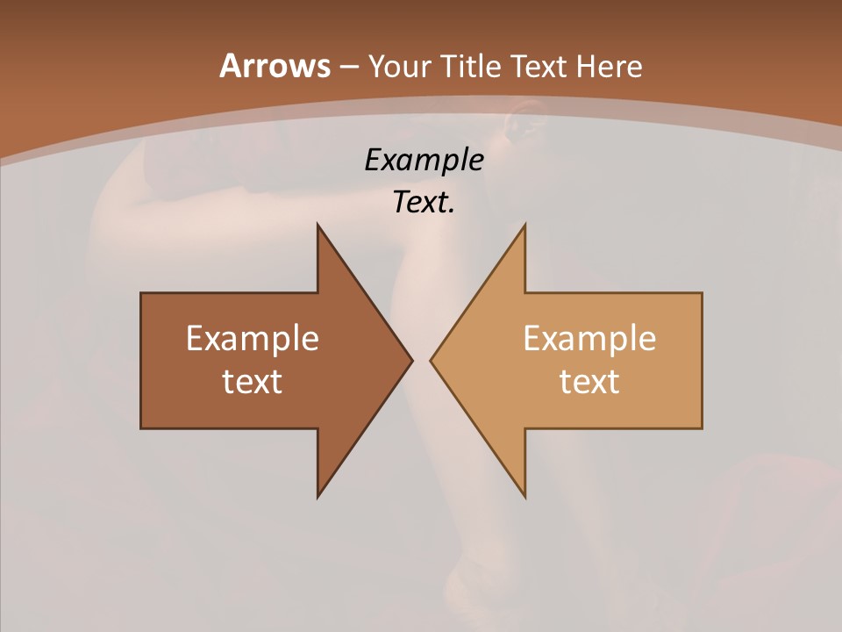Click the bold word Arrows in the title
274,66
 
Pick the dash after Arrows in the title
348,68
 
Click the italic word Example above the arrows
424,160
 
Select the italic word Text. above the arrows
424,202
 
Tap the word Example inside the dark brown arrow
253,339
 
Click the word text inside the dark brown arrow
253,381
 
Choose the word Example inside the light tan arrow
589,339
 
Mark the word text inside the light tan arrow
589,381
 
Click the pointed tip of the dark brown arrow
411,360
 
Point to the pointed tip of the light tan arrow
431,360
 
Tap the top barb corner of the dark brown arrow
318,224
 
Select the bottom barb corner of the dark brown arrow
318,497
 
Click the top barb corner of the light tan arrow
524,224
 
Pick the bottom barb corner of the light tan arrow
524,497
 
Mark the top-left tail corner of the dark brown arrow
141,293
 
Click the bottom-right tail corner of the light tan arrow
702,427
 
